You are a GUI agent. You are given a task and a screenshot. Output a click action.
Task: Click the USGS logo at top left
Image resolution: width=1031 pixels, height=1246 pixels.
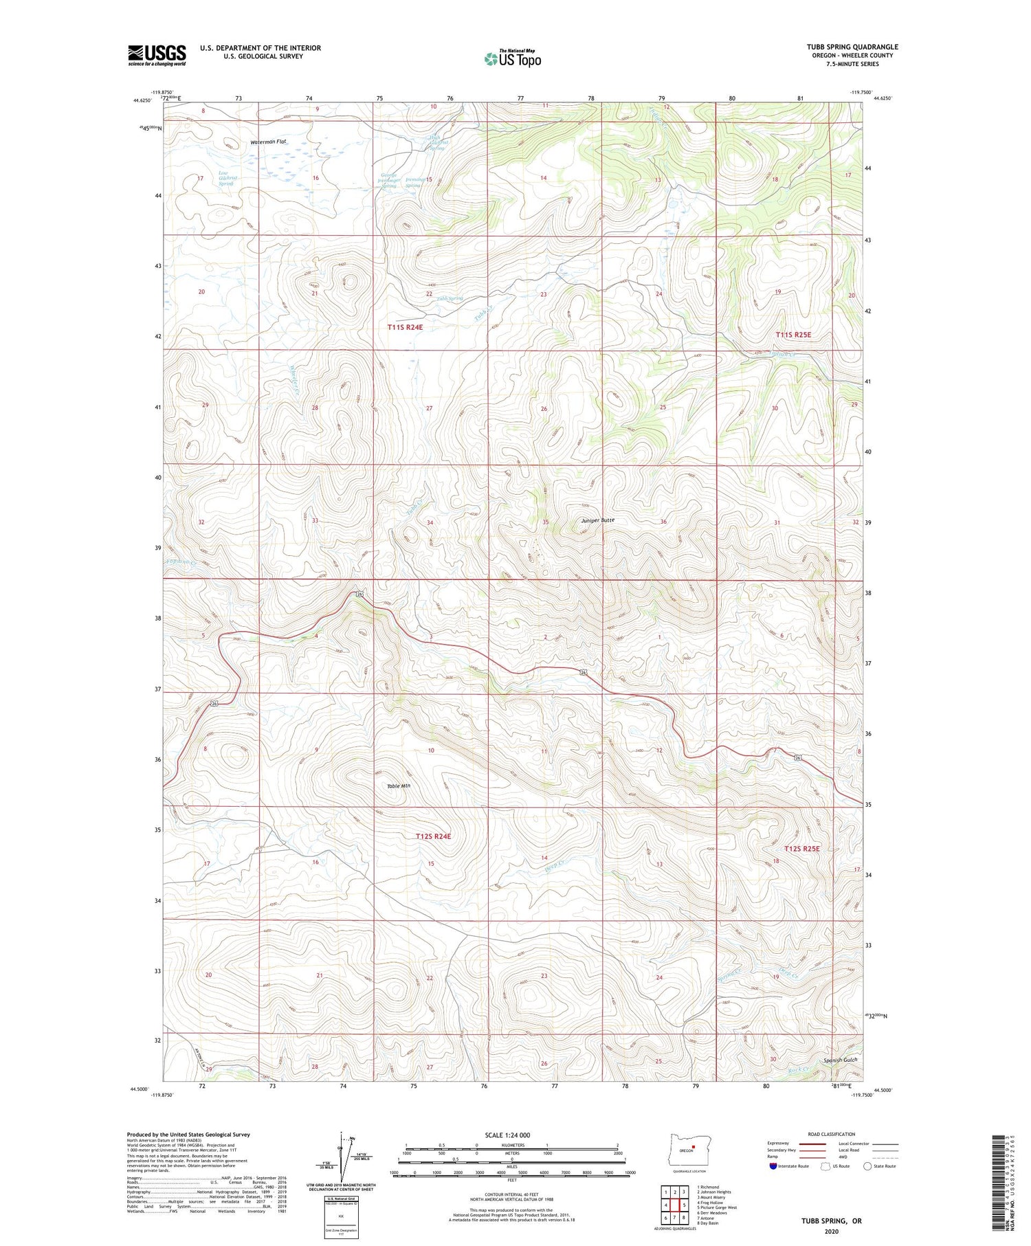point(157,55)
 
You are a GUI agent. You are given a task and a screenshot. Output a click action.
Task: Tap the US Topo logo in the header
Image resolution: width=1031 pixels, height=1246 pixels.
point(512,59)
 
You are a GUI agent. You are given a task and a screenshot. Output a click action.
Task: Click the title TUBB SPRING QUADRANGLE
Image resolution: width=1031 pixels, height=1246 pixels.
point(852,47)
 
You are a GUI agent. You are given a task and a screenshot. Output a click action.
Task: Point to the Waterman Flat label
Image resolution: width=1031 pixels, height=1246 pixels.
point(268,142)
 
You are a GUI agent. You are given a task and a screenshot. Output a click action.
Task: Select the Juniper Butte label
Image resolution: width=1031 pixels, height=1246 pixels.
point(597,520)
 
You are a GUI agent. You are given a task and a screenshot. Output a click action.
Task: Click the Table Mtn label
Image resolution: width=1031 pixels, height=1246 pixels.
point(398,786)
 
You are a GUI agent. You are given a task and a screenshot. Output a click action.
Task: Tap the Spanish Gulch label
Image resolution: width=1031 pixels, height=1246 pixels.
point(841,1060)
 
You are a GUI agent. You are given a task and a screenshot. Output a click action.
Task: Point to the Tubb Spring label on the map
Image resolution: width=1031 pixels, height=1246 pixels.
point(450,299)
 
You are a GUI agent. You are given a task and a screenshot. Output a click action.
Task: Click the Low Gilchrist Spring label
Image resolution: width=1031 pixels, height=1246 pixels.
point(225,178)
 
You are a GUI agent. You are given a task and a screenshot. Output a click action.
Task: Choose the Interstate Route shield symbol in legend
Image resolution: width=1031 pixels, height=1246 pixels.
point(773,1166)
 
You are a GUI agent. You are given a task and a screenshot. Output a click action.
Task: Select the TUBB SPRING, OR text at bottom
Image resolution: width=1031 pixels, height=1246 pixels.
point(831,1221)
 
